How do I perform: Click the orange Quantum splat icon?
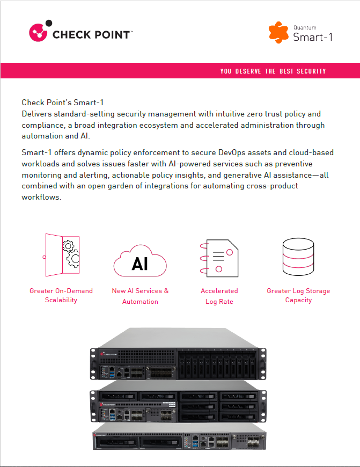[278, 32]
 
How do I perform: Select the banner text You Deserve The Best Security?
[273, 71]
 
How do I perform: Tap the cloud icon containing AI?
[140, 261]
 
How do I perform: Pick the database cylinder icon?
[298, 256]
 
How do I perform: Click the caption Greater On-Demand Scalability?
[61, 295]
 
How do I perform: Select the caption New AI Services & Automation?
[140, 296]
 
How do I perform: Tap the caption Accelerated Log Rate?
[219, 296]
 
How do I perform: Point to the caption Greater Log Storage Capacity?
[298, 295]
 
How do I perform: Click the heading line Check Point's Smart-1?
[66, 102]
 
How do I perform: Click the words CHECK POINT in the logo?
[91, 34]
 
